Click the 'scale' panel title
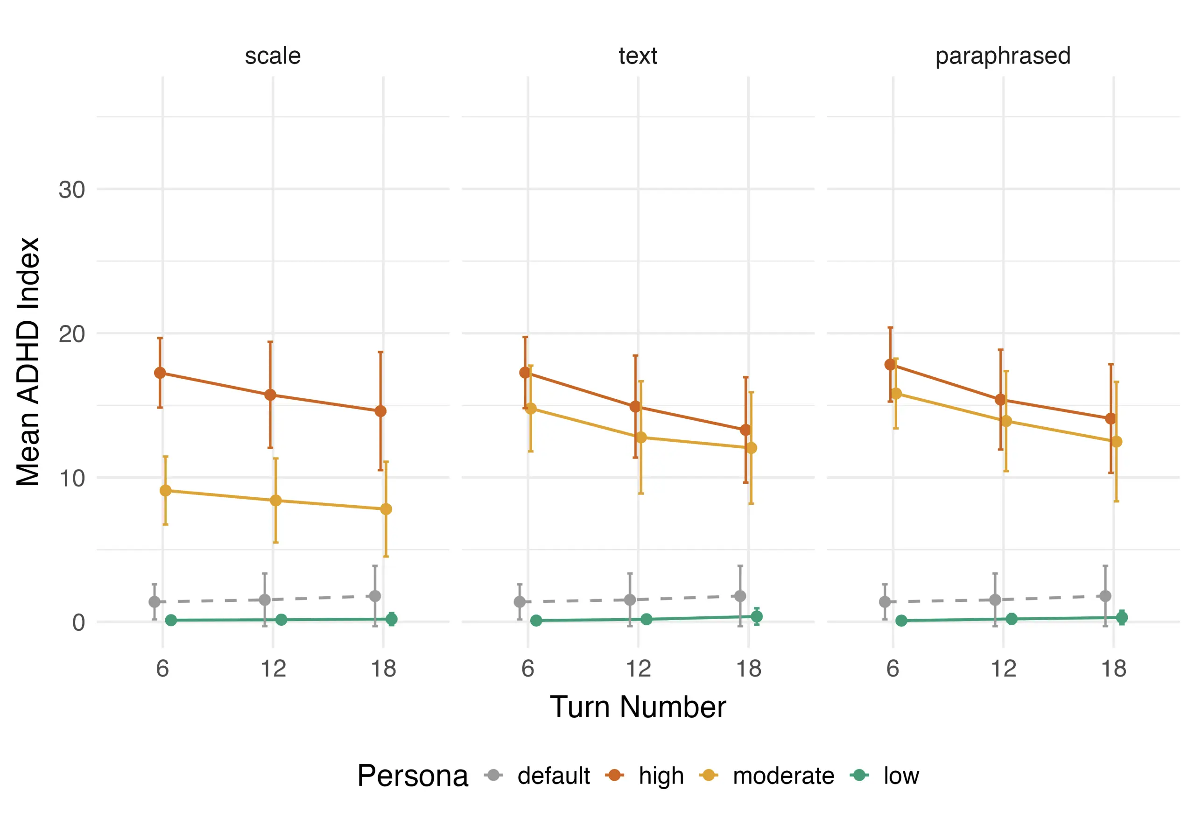[x=273, y=56]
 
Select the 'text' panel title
[x=638, y=56]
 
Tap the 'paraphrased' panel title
[x=1003, y=56]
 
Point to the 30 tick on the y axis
[x=71, y=190]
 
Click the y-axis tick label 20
[x=71, y=334]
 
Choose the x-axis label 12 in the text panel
[x=638, y=669]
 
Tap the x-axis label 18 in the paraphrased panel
[x=1114, y=669]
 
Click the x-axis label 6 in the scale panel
[x=162, y=669]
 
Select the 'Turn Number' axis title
[x=638, y=707]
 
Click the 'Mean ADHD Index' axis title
[x=28, y=362]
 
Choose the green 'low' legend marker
[x=859, y=775]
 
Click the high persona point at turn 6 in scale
[x=160, y=373]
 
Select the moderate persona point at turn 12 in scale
[x=275, y=500]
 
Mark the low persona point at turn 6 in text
[x=536, y=621]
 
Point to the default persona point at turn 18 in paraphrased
[x=1105, y=596]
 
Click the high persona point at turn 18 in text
[x=745, y=430]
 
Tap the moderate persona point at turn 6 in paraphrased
[x=896, y=394]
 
